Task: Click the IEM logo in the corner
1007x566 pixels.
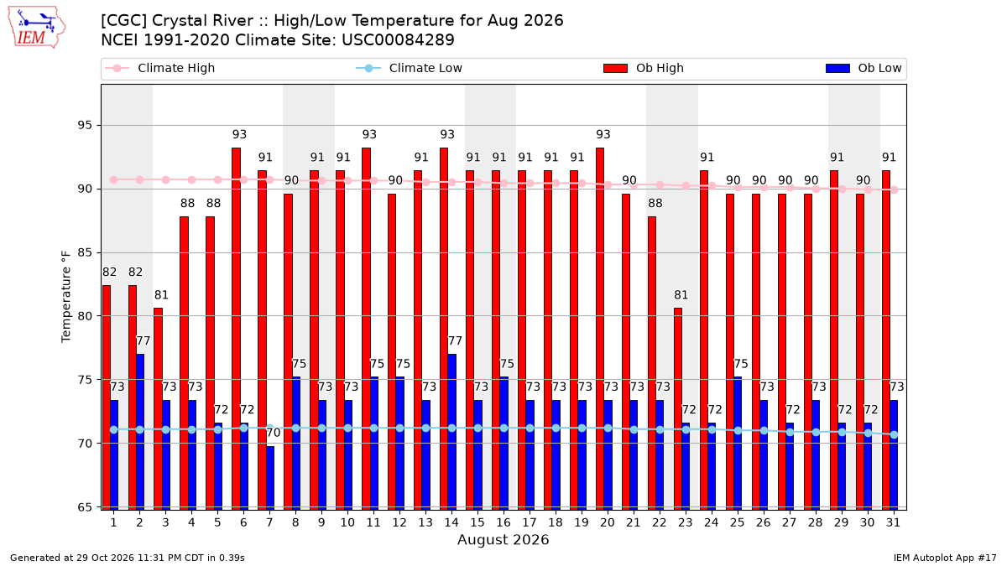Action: tap(37, 28)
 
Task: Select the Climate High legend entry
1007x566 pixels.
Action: tap(159, 68)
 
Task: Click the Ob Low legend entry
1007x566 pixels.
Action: tap(864, 68)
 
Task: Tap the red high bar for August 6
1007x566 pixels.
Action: tap(236, 329)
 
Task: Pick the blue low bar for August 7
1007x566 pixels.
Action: tap(269, 478)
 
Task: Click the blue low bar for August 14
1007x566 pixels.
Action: tap(451, 432)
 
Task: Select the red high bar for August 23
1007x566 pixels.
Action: tap(678, 409)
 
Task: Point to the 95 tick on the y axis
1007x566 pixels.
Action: tap(85, 125)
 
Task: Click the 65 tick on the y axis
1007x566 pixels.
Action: tap(85, 507)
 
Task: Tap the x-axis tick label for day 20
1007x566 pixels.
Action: tap(608, 523)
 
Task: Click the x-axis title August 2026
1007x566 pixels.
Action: tap(503, 539)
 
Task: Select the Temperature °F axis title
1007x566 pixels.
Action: tap(66, 297)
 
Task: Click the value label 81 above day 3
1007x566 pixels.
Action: tap(161, 295)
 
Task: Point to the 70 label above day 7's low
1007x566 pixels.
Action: tap(274, 433)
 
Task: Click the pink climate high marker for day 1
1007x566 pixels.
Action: tap(114, 179)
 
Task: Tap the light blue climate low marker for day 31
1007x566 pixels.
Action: tap(895, 435)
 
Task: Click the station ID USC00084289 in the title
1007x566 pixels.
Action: tap(398, 40)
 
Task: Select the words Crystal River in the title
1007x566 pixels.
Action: tap(203, 21)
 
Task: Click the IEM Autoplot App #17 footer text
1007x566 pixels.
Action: tap(945, 558)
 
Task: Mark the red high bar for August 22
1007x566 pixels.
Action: tap(652, 363)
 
